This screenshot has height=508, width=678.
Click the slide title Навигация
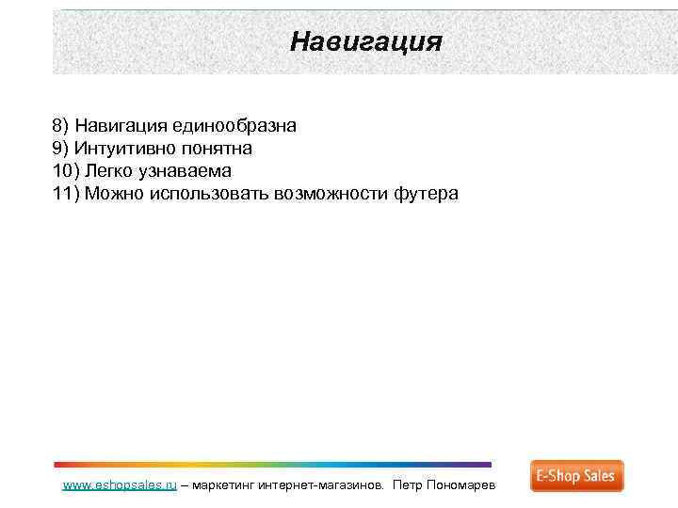point(365,42)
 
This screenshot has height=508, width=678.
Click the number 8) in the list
point(61,126)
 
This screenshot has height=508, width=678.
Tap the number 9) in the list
point(61,149)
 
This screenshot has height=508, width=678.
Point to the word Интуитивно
point(119,149)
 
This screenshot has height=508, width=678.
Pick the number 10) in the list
point(67,171)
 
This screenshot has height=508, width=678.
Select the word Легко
point(109,171)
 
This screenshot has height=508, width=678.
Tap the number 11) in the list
point(67,194)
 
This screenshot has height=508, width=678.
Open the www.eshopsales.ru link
point(120,485)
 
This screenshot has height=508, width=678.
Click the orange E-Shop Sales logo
point(576,476)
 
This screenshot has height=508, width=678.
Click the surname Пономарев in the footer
point(467,485)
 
